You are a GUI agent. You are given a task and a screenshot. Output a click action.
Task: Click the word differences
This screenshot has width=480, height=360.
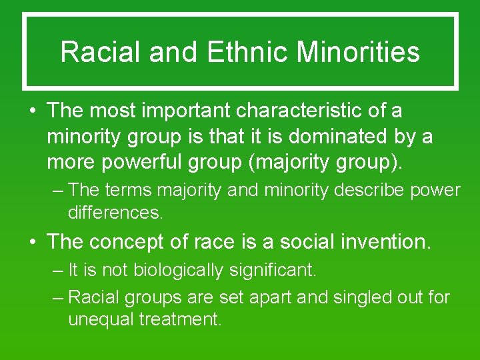click(x=115, y=213)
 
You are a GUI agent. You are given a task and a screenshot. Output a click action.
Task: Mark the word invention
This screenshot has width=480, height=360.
click(x=395, y=241)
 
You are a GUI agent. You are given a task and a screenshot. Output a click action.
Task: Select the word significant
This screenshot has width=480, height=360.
click(x=279, y=271)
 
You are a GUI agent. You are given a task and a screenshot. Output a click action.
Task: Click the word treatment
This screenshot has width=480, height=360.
click(x=180, y=319)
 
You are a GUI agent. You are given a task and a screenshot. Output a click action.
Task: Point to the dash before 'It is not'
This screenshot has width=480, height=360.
click(x=58, y=271)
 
